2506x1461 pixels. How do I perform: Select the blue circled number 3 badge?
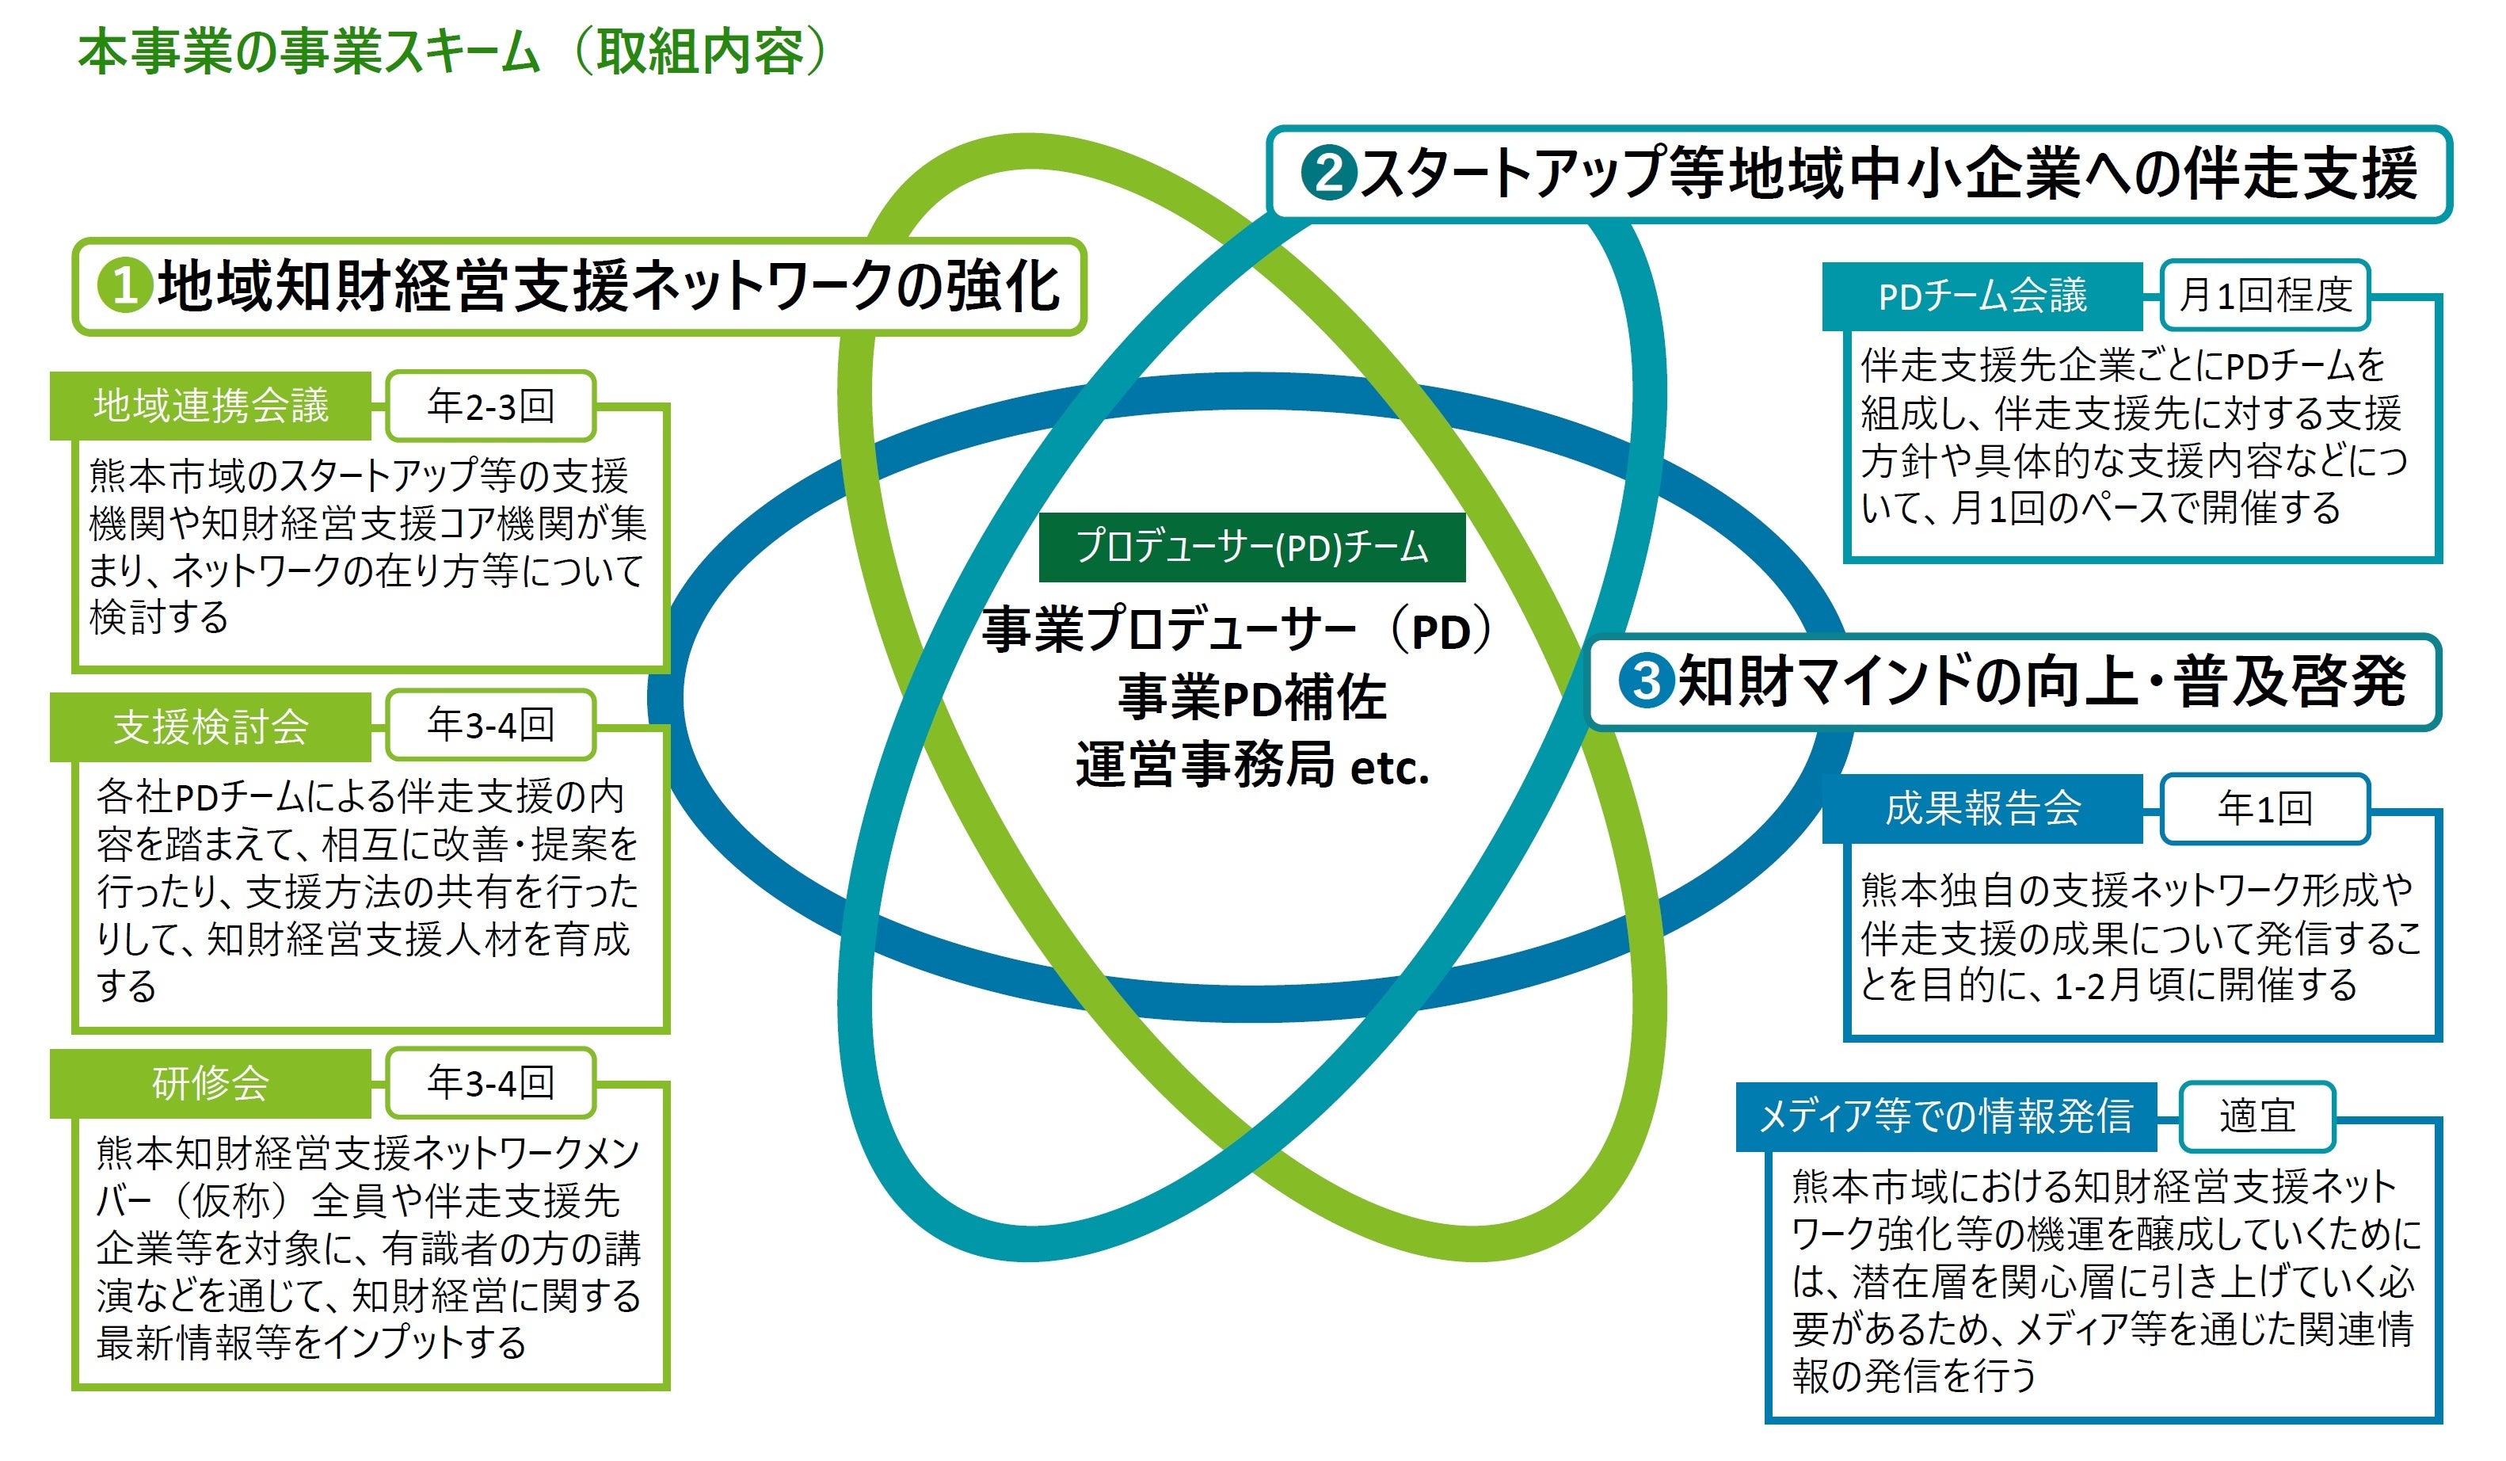(x=1646, y=681)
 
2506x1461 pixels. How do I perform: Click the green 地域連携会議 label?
(x=211, y=406)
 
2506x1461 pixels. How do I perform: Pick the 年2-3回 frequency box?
(x=490, y=406)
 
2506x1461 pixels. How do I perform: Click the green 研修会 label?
(x=211, y=1083)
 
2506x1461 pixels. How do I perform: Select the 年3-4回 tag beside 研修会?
(x=490, y=1082)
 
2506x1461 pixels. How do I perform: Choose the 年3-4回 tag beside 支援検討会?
(x=490, y=725)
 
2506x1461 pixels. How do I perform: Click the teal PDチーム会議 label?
(x=1981, y=296)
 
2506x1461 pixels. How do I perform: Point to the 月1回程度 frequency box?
(x=2264, y=296)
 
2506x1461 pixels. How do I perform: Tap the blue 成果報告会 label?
(x=1982, y=807)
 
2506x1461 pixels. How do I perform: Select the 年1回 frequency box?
(x=2264, y=807)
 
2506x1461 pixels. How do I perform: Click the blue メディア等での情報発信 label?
(x=1945, y=1116)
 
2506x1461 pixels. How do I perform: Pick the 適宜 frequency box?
(x=2257, y=1116)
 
